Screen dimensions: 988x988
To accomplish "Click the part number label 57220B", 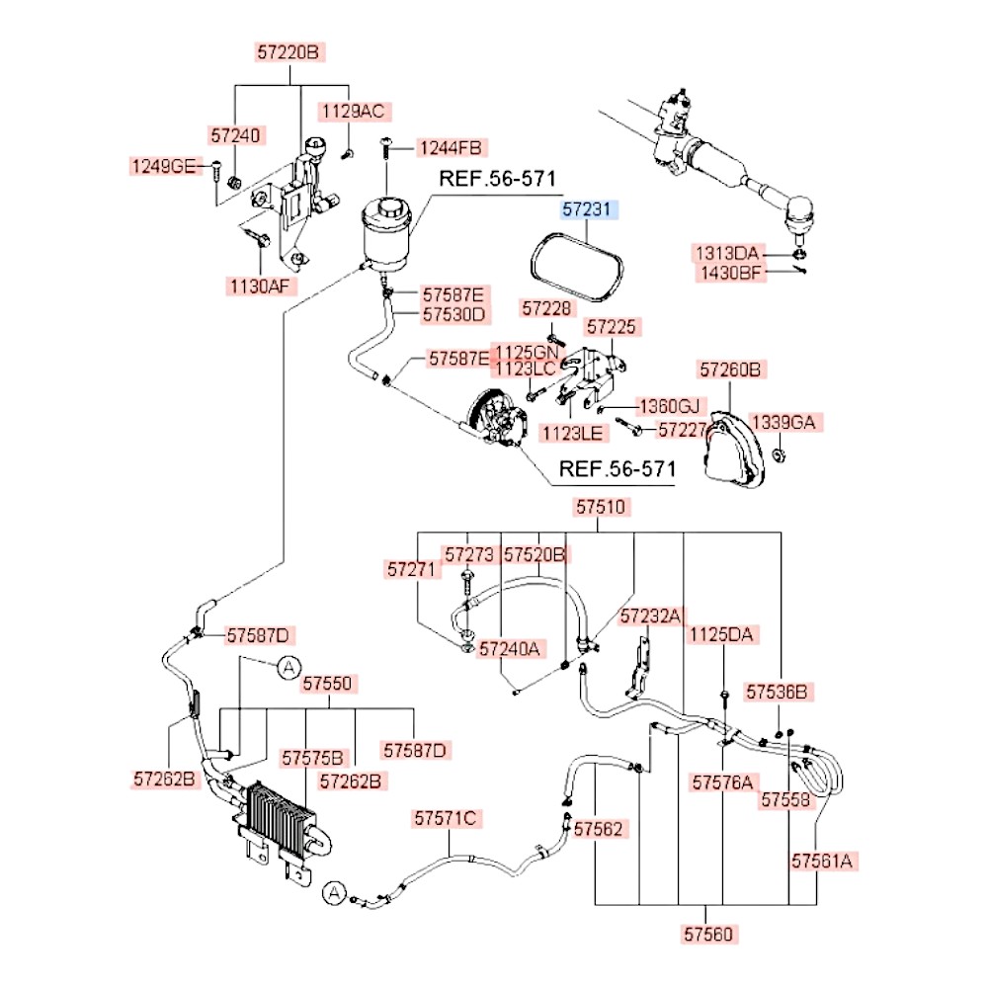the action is click(289, 51).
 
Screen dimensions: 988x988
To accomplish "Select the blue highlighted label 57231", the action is click(587, 209).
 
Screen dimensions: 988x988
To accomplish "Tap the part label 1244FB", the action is click(451, 148).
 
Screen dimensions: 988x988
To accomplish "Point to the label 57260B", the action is click(730, 370).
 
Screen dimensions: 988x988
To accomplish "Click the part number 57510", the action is click(601, 507).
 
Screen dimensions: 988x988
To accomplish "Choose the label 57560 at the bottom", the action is click(708, 934).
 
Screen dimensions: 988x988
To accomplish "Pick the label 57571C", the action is click(446, 818).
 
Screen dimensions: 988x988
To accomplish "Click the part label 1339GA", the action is click(783, 422).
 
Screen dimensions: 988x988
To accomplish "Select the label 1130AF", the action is click(260, 287).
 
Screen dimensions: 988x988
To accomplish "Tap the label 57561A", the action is click(822, 861).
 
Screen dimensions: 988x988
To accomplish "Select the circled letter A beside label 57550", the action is click(289, 667).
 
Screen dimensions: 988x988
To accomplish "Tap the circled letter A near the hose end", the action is click(335, 892).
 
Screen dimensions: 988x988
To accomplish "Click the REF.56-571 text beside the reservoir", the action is click(497, 179).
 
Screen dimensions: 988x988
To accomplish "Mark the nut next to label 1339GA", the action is click(779, 454).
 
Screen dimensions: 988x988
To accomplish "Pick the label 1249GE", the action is click(165, 166).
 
